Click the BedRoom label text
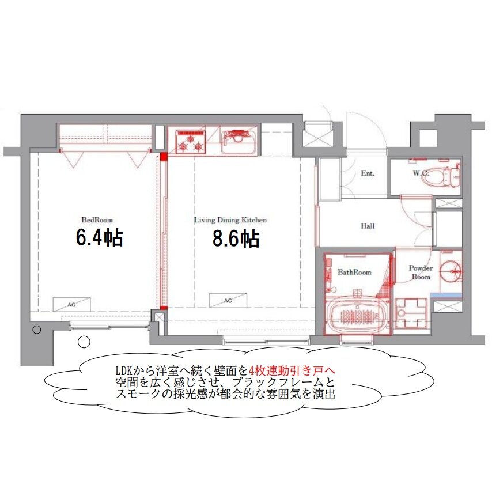(x=97, y=220)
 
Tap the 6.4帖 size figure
(x=100, y=238)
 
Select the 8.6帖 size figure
(x=236, y=239)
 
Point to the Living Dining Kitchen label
(x=230, y=220)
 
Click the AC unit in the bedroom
(x=71, y=304)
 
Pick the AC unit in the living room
(x=228, y=300)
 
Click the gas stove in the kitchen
(x=191, y=142)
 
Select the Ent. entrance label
(x=368, y=173)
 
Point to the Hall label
(x=368, y=226)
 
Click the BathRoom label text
(x=354, y=272)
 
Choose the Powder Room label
(x=421, y=273)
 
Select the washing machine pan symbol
(x=411, y=313)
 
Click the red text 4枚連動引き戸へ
(x=292, y=370)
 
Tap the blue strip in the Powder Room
(x=446, y=296)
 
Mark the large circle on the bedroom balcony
(x=84, y=342)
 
